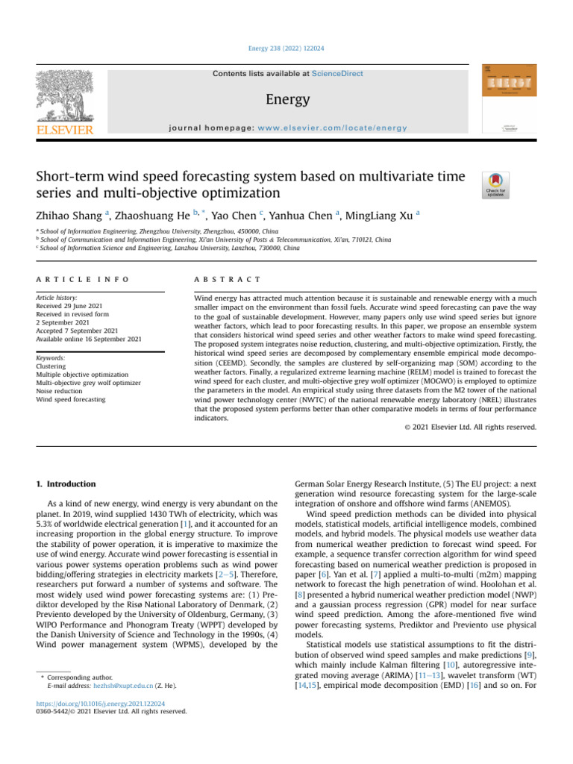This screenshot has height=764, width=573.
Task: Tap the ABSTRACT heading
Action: [x=228, y=279]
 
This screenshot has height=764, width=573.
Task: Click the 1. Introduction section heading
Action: [x=67, y=484]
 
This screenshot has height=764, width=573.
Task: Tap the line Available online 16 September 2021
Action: [x=88, y=339]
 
